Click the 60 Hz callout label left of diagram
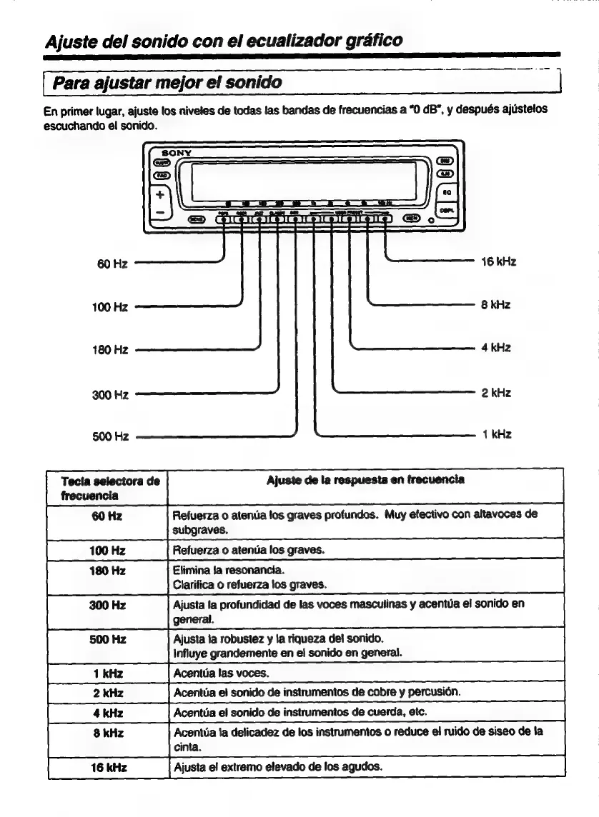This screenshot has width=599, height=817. point(112,264)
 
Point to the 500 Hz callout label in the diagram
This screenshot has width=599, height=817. point(110,436)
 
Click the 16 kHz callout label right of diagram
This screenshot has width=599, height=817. point(500,262)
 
